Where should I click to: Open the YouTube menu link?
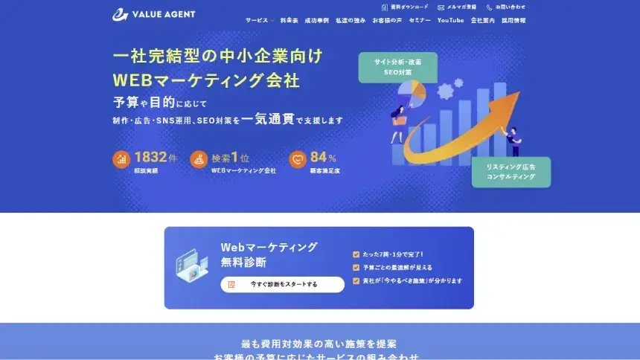pos(450,21)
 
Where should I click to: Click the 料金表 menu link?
pos(289,21)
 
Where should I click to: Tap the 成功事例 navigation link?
pos(316,21)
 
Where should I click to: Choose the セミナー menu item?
pos(420,21)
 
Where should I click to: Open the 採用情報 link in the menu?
pos(513,21)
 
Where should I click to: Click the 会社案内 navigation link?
pos(482,21)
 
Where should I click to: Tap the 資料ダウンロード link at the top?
pos(405,7)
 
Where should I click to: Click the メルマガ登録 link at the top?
pos(457,7)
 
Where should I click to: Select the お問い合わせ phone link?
pos(506,7)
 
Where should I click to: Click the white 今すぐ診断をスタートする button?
pos(283,284)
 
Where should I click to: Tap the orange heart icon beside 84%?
pos(298,159)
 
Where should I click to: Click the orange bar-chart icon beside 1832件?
pos(121,159)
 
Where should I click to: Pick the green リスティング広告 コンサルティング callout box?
pos(511,172)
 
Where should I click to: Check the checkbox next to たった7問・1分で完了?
pos(356,254)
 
